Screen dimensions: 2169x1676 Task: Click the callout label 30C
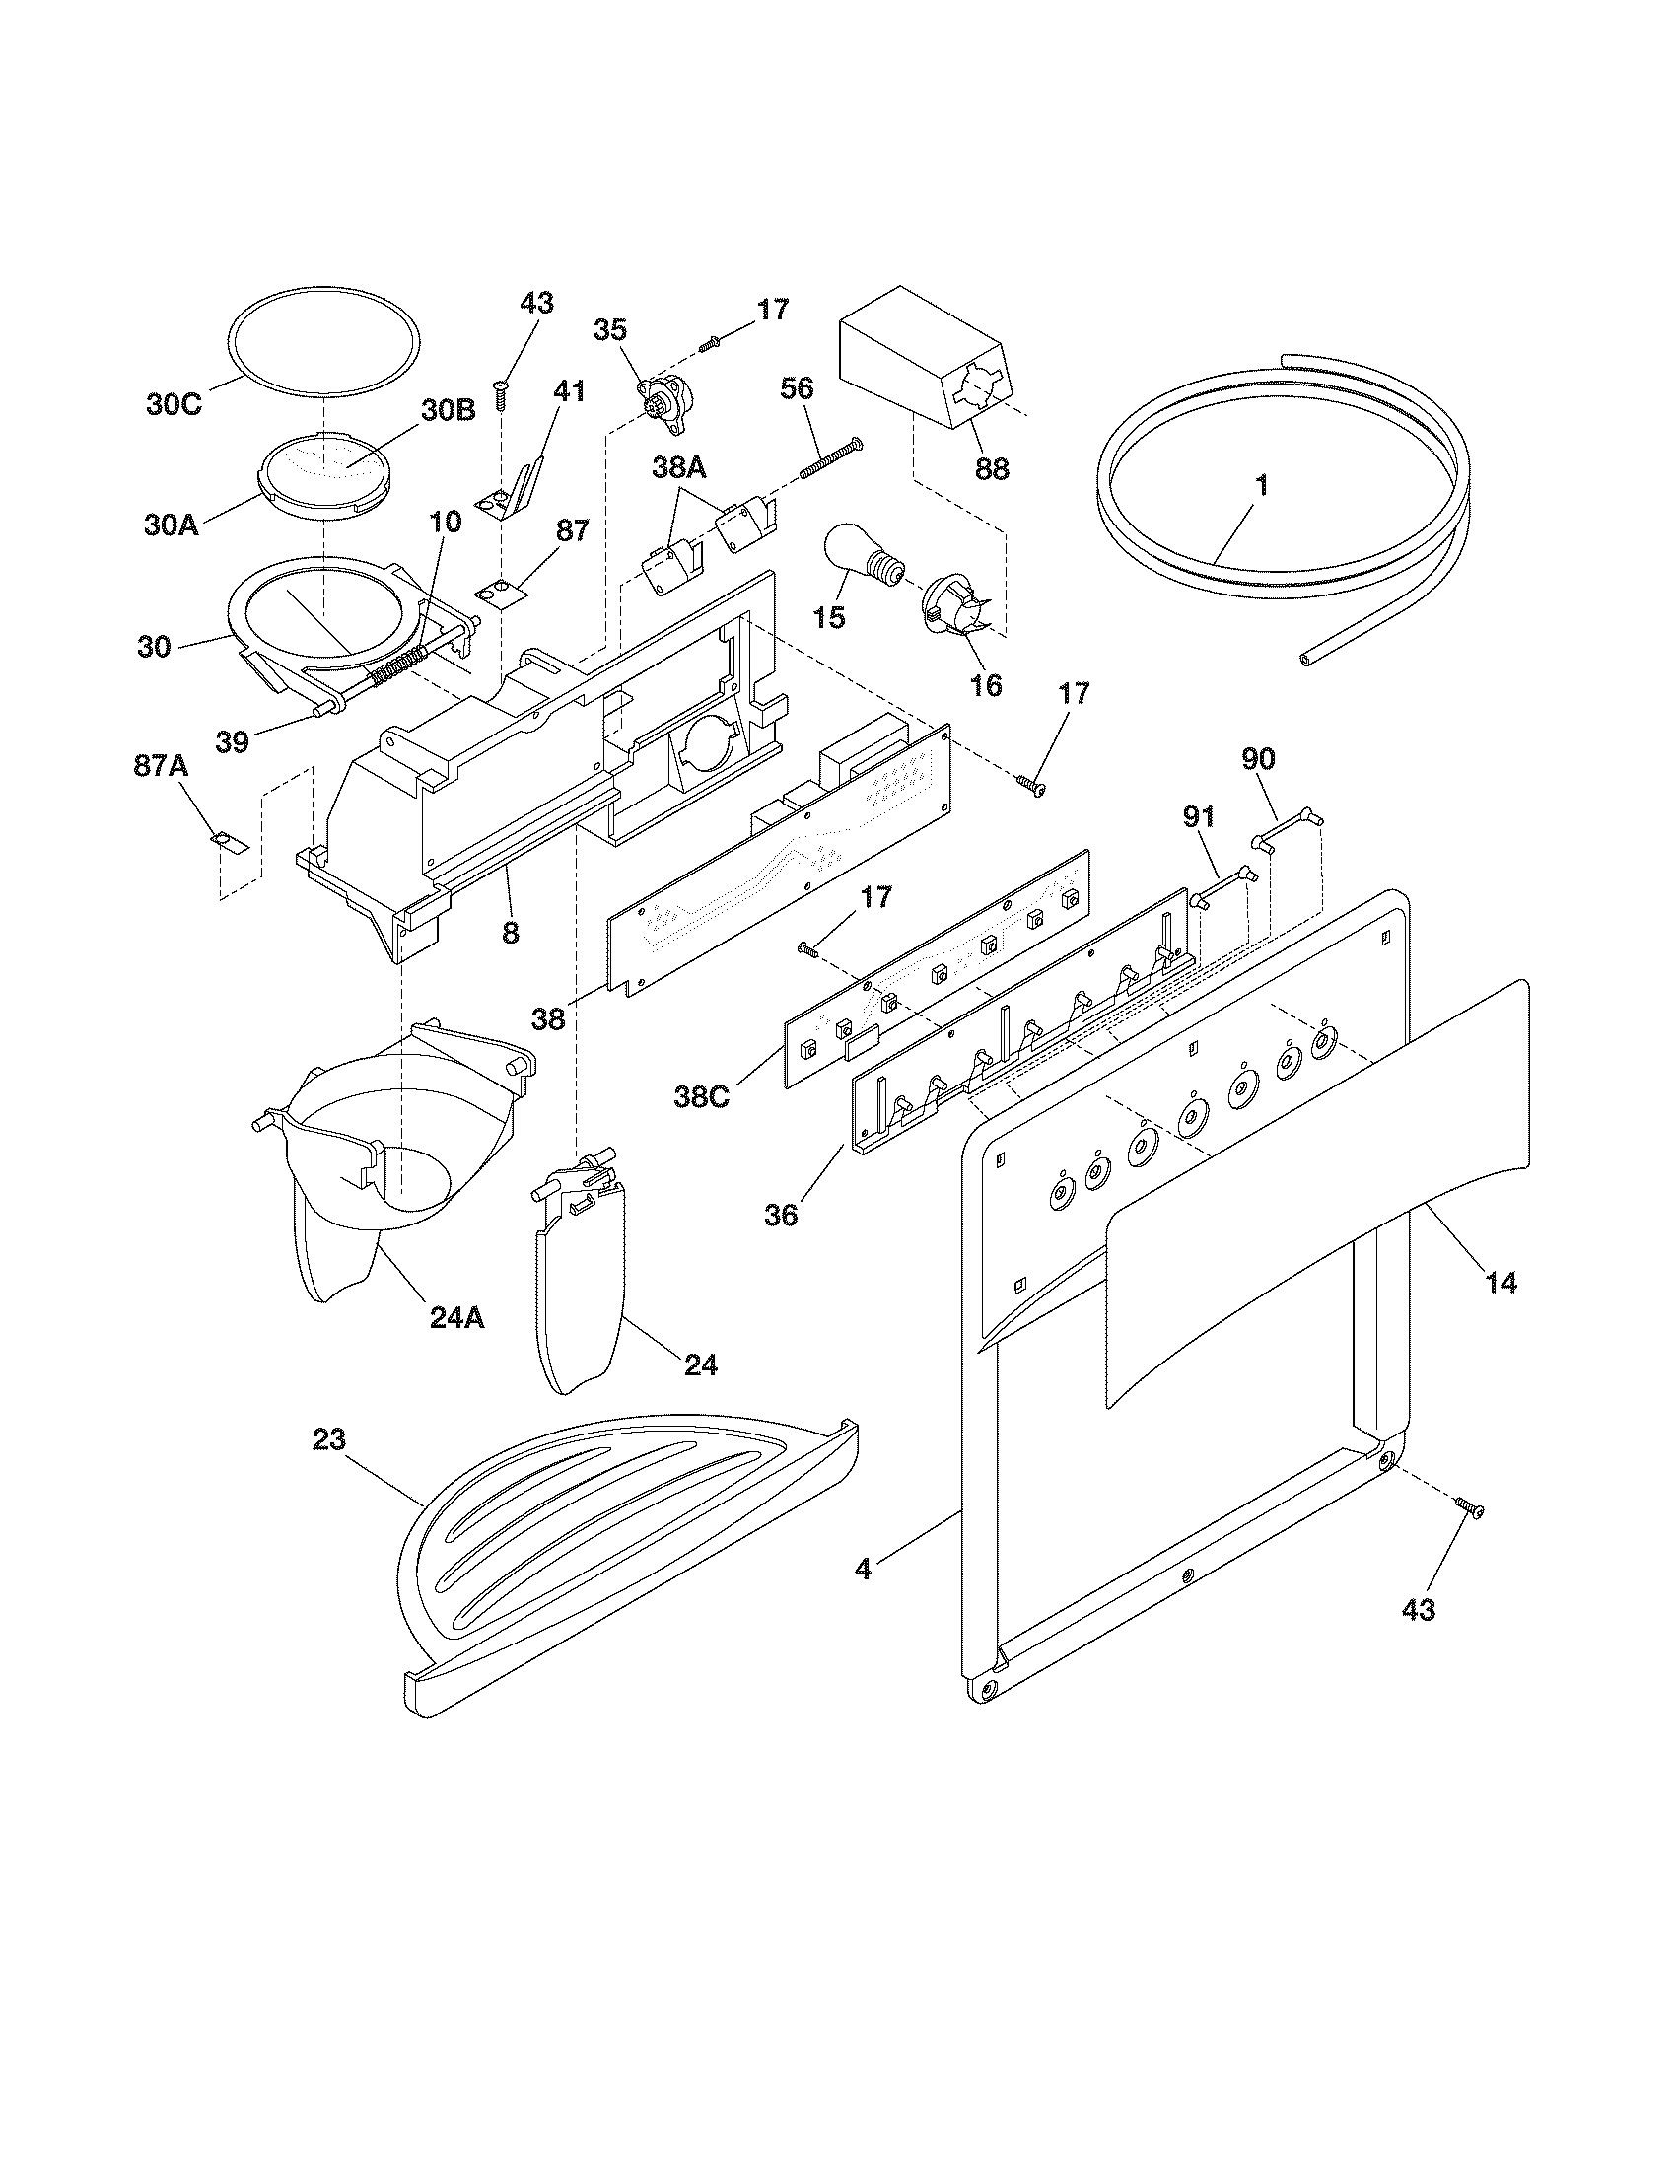coord(174,405)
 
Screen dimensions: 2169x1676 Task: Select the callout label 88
coord(991,466)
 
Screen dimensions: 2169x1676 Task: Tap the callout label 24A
coord(456,1317)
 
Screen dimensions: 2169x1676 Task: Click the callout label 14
coord(1501,1282)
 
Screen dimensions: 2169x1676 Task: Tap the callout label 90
coord(1259,759)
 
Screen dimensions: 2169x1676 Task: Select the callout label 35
coord(610,329)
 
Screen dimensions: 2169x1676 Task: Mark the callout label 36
coord(782,1214)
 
